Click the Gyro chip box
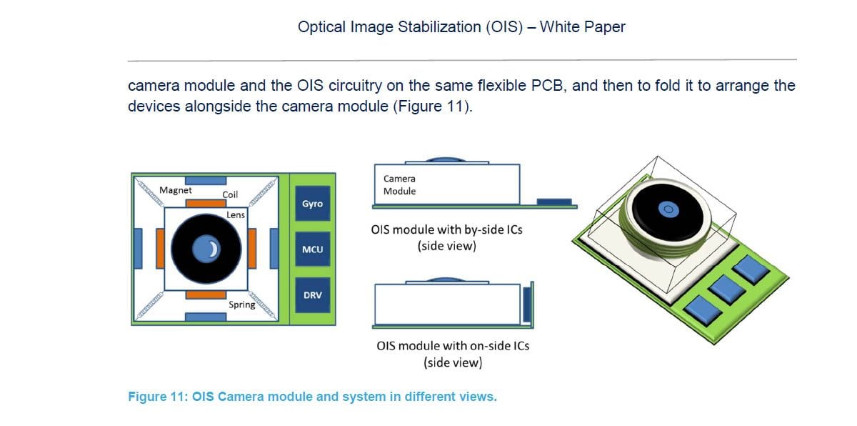[x=312, y=204]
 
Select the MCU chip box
[x=312, y=249]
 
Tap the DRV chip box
[x=312, y=295]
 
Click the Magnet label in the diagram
[x=176, y=190]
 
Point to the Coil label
[x=230, y=194]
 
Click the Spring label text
[x=242, y=304]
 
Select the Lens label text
[x=236, y=214]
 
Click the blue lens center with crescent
[x=206, y=249]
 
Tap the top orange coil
[x=206, y=203]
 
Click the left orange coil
[x=160, y=249]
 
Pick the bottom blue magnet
[x=206, y=317]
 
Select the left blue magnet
[x=138, y=249]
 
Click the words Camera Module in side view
[x=399, y=184]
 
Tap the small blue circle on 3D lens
[x=668, y=209]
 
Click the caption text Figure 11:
[x=157, y=396]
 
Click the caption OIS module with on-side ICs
[x=453, y=346]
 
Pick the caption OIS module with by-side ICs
[x=447, y=231]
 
